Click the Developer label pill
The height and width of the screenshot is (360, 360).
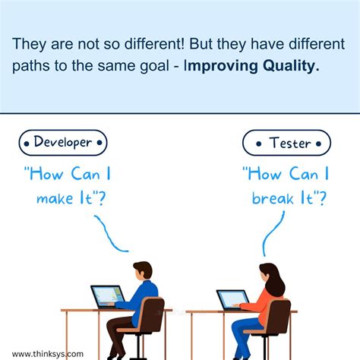coord(64,142)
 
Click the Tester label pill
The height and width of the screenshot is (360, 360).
coord(286,143)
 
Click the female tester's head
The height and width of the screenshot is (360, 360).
coord(269,273)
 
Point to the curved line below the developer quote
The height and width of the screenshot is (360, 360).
coord(109,234)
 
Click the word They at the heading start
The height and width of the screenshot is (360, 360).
coord(27,44)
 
